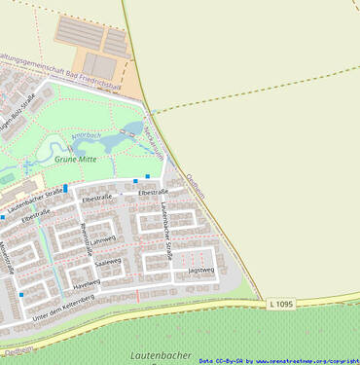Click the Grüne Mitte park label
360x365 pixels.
click(x=75, y=158)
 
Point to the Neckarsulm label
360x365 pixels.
click(x=154, y=138)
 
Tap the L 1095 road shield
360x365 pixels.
click(x=279, y=305)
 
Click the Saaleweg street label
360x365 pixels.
click(x=107, y=262)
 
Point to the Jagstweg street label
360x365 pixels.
click(x=200, y=270)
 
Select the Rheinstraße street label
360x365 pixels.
click(x=88, y=238)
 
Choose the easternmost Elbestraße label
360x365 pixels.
click(x=153, y=193)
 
